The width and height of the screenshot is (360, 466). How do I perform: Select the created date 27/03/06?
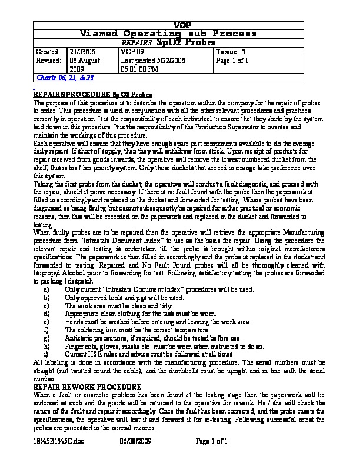[x=81, y=52]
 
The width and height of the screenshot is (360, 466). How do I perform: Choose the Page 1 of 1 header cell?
[x=232, y=61]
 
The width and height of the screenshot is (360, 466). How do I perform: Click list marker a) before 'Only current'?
[x=46, y=289]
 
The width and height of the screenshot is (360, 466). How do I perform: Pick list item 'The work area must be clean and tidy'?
[x=118, y=306]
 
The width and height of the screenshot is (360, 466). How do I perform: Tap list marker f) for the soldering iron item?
[x=46, y=331]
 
